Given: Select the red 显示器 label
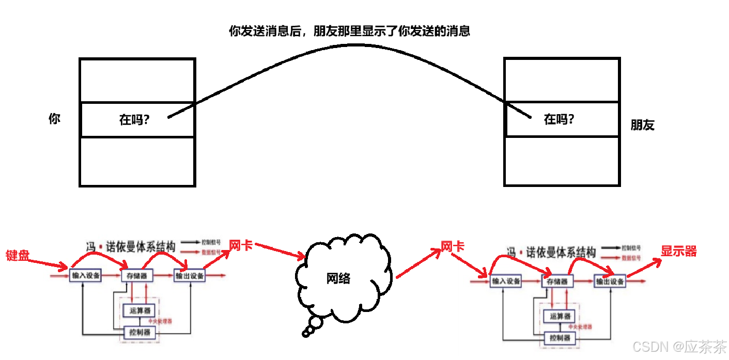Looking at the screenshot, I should pos(679,252).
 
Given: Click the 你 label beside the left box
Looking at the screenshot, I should pos(54,119).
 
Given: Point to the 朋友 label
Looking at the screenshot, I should pos(642,125).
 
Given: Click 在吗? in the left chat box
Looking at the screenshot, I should pos(134,120).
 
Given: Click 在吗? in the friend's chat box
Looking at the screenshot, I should pos(559,119).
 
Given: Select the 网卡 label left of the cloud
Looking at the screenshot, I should pos(241,245).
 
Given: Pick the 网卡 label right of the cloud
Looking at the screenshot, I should pos(453,246).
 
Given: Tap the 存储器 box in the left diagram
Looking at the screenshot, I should pos(137,276).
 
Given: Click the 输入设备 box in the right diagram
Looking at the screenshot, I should pos(506,281).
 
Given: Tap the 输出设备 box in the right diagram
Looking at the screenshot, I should pos(610,281).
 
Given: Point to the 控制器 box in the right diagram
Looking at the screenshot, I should pos(560,338).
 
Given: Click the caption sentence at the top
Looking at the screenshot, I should pos(349,31).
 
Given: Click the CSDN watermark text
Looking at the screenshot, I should pos(679,346).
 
